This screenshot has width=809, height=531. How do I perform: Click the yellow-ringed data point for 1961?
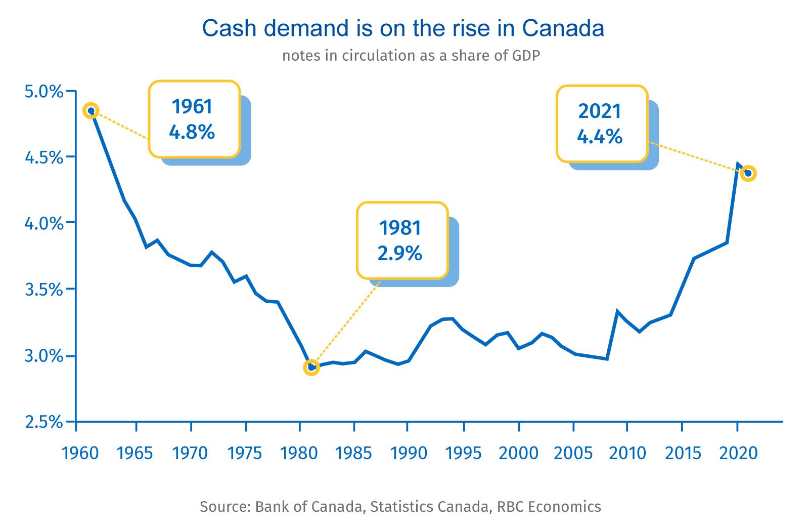(x=91, y=110)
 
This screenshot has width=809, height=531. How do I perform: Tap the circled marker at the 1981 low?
(x=311, y=367)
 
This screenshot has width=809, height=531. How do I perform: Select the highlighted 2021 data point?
(x=748, y=174)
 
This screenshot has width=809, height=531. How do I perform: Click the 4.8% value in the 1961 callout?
(x=192, y=133)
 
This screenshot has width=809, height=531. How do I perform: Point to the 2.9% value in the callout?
(x=400, y=253)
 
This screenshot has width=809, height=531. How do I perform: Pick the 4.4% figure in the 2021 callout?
(x=600, y=137)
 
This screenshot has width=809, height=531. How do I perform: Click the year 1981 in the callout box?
(x=400, y=228)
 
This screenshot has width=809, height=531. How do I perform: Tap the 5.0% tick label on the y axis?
(x=44, y=92)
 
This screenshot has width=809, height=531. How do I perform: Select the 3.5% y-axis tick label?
(x=44, y=290)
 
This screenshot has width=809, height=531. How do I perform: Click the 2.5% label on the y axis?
(x=44, y=422)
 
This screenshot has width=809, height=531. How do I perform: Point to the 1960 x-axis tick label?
(x=80, y=453)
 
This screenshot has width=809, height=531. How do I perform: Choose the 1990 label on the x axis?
(x=409, y=453)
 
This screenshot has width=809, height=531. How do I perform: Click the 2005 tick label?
(x=573, y=453)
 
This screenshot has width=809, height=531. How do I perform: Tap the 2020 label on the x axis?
(x=738, y=453)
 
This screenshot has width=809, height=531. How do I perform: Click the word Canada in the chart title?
(x=563, y=28)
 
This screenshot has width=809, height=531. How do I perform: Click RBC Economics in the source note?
(x=549, y=506)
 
